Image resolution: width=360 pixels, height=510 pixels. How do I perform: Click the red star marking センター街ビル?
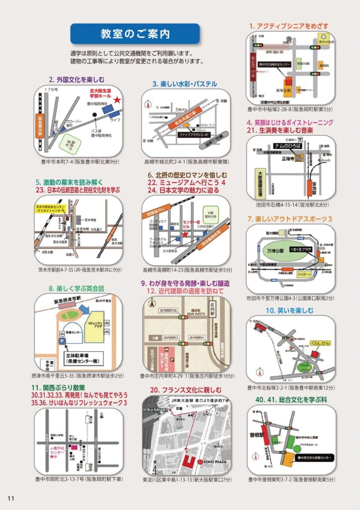tap(185, 234)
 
